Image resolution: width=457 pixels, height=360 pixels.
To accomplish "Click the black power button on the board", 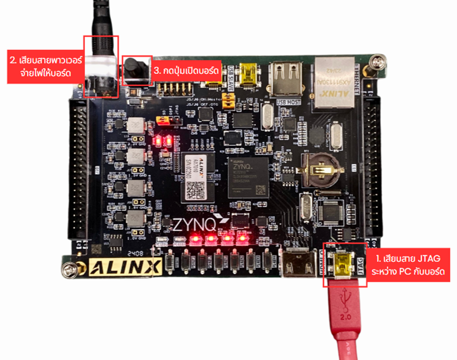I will pos(137,69).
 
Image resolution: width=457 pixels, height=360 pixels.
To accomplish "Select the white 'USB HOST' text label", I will pos(287,102).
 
